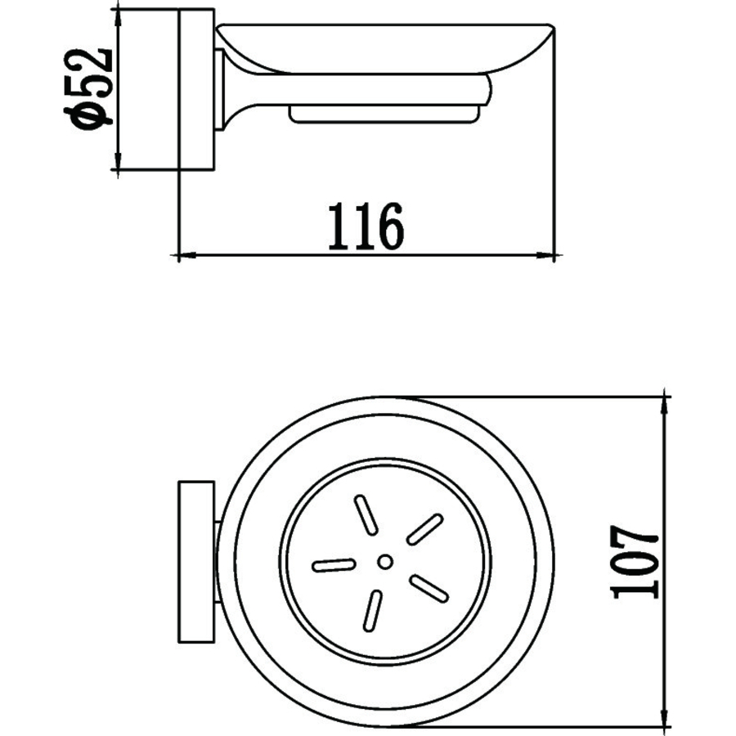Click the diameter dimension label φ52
[x=89, y=88]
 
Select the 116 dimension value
[x=366, y=227]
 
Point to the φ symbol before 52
[x=89, y=117]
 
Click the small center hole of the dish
[x=385, y=561]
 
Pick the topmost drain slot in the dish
[x=366, y=515]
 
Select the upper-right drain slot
[x=424, y=529]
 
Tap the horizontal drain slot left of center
[x=334, y=565]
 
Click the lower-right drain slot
[x=429, y=588]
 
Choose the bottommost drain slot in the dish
[x=372, y=610]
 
